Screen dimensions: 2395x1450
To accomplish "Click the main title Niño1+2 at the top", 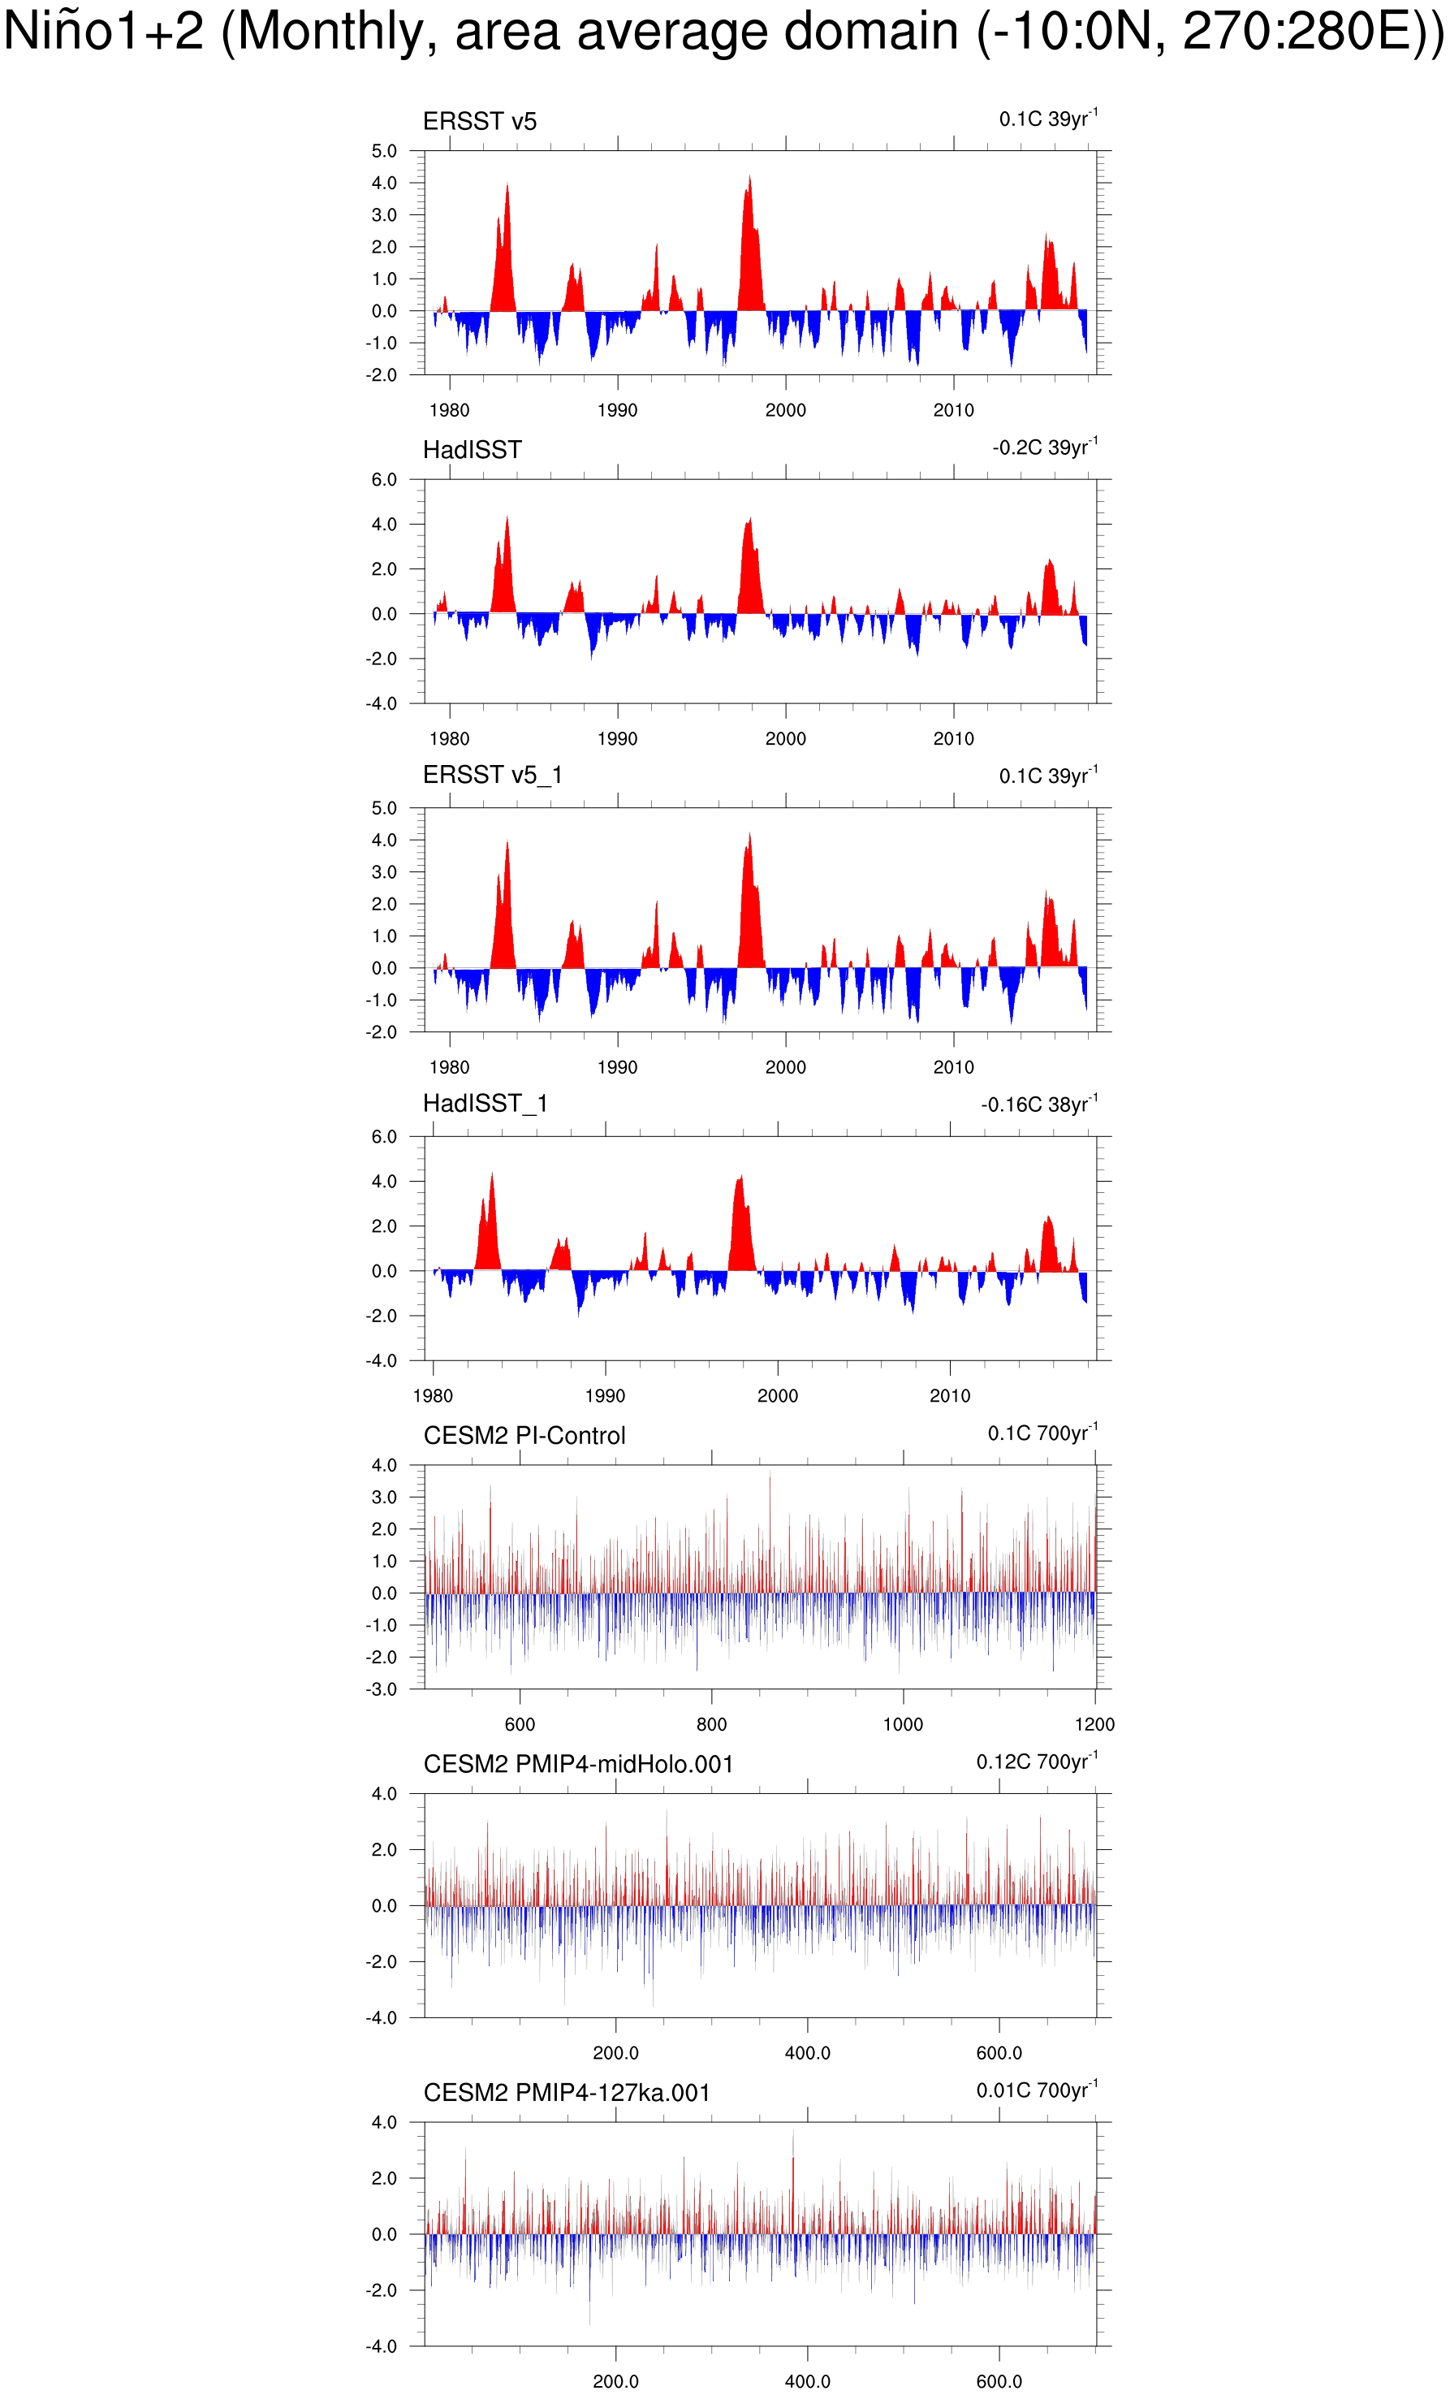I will [723, 32].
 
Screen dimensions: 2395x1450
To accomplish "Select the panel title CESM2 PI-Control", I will [524, 1436].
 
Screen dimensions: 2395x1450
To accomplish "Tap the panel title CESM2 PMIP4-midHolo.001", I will [578, 1764].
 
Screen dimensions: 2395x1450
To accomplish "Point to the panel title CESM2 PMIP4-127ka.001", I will [567, 2093].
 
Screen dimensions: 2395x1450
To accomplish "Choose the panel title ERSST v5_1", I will [492, 775].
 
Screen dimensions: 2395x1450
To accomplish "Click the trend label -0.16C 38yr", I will [1038, 1105].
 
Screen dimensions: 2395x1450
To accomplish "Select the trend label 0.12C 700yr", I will [1036, 1762].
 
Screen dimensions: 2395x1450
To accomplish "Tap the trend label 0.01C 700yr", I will [1036, 2090].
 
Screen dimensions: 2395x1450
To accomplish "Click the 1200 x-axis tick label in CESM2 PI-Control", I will [1094, 1724].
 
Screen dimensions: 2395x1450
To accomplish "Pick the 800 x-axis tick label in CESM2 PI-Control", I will [711, 1724].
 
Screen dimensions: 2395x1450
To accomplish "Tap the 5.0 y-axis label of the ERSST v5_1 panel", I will [384, 808].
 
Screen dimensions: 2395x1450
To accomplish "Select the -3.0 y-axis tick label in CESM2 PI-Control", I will [382, 1689].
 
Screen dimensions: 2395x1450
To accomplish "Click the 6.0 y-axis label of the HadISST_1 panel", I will [384, 1136].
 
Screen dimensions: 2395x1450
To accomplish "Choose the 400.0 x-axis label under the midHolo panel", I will [807, 2053].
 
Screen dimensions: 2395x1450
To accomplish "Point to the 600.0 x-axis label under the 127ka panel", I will [999, 2381].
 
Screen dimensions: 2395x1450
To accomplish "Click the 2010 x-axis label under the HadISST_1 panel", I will [950, 1396].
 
